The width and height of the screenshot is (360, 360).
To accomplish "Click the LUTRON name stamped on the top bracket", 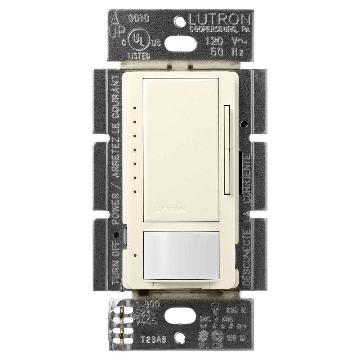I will (x=215, y=19).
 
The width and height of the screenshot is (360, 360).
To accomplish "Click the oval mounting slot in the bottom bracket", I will (x=179, y=317).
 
